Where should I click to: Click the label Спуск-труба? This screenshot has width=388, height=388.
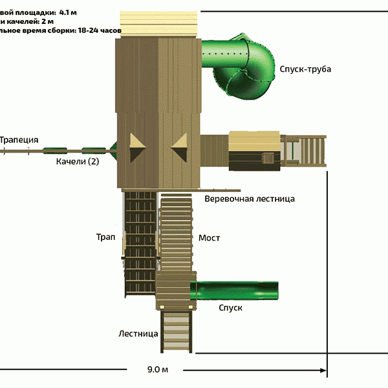click(305, 69)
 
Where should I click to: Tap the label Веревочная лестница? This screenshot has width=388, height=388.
click(249, 199)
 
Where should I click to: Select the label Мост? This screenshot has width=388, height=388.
click(209, 238)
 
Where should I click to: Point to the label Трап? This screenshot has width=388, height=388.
click(105, 238)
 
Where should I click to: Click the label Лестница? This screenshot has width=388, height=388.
click(138, 334)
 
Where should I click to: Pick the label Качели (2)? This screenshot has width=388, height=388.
click(78, 162)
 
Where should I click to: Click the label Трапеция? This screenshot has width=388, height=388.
click(19, 140)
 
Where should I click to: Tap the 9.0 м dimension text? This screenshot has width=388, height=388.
click(157, 371)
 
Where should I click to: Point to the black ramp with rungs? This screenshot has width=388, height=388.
click(139, 242)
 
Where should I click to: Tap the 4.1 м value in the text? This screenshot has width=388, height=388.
click(68, 11)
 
